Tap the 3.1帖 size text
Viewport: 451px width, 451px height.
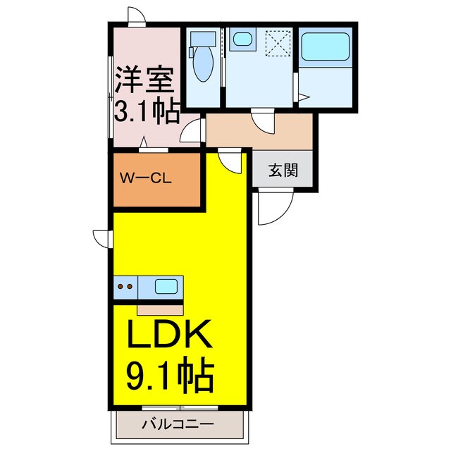pyautogui.click(x=147, y=111)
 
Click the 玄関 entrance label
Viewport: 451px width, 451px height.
pyautogui.click(x=283, y=171)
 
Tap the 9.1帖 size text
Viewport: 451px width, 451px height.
pyautogui.click(x=170, y=378)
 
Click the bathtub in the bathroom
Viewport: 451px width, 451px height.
pyautogui.click(x=325, y=49)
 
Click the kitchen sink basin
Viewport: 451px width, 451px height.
pyautogui.click(x=166, y=287)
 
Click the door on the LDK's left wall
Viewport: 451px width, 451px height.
pyautogui.click(x=102, y=239)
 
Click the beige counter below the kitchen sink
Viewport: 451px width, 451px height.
pyautogui.click(x=160, y=307)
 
